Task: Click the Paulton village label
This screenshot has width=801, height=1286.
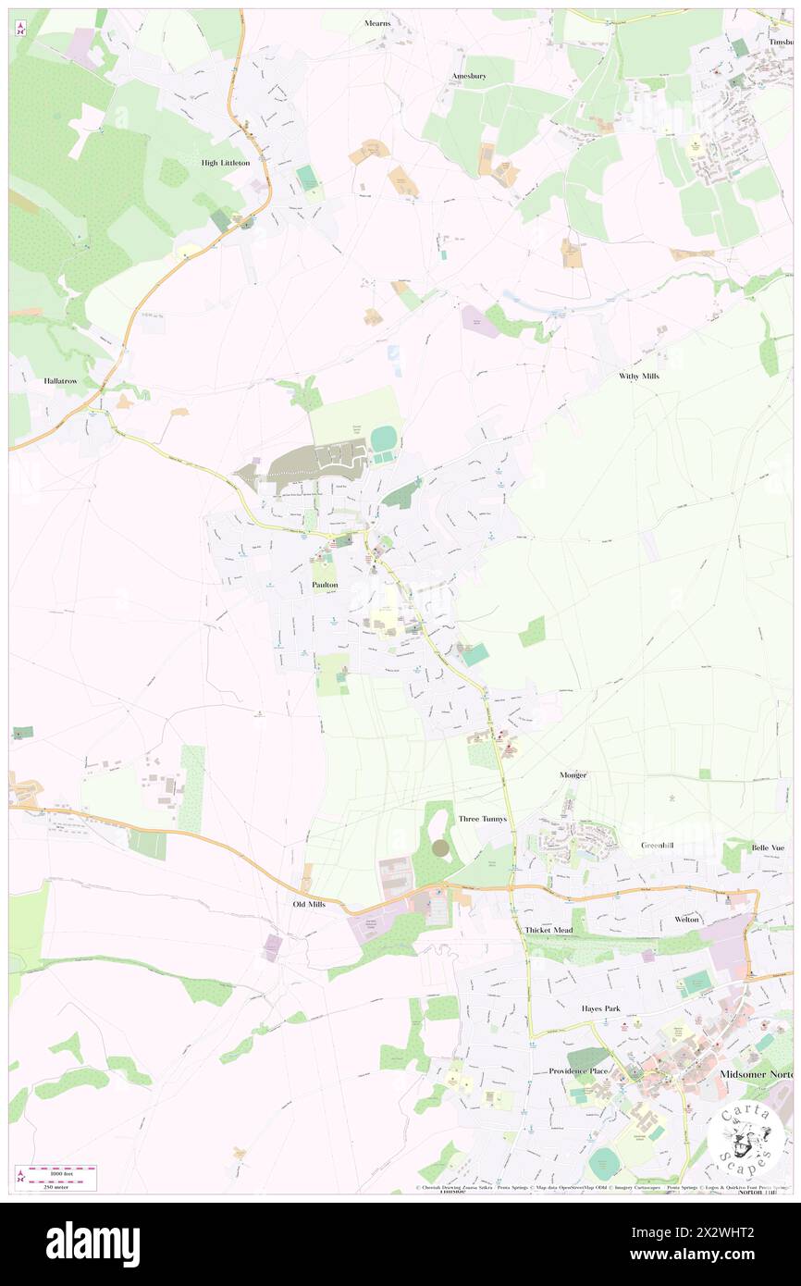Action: (x=325, y=586)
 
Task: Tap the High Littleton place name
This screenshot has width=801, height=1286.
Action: (x=226, y=162)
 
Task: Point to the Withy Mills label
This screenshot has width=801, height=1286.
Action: (x=639, y=376)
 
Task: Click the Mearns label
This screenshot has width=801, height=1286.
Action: (x=377, y=23)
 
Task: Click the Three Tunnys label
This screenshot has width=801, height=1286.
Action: (x=483, y=819)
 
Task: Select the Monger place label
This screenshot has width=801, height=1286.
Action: (x=573, y=774)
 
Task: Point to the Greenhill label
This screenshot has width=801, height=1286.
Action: (x=660, y=846)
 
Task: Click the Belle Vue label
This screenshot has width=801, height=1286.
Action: (x=767, y=847)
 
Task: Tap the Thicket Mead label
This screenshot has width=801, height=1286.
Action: (x=548, y=930)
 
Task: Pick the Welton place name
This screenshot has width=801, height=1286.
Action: (x=686, y=919)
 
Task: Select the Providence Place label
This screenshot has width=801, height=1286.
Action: (x=578, y=1071)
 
